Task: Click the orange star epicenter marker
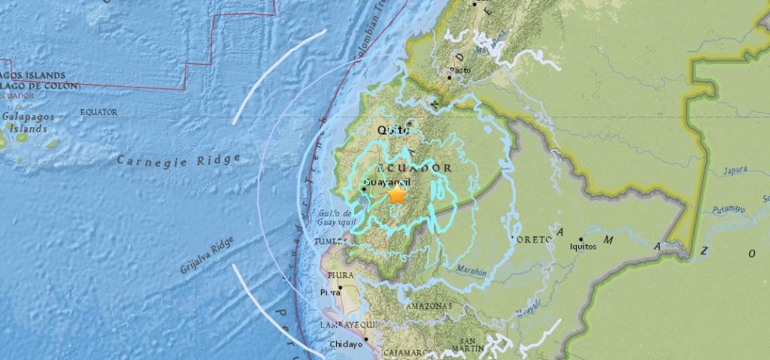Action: pyautogui.click(x=396, y=195)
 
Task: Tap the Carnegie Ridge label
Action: pyautogui.click(x=178, y=159)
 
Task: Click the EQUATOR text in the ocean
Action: pyautogui.click(x=99, y=112)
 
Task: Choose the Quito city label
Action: pyautogui.click(x=393, y=130)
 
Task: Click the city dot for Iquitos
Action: pyautogui.click(x=581, y=239)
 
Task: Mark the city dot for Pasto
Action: pyautogui.click(x=450, y=77)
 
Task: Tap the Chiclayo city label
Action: pyautogui.click(x=346, y=345)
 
